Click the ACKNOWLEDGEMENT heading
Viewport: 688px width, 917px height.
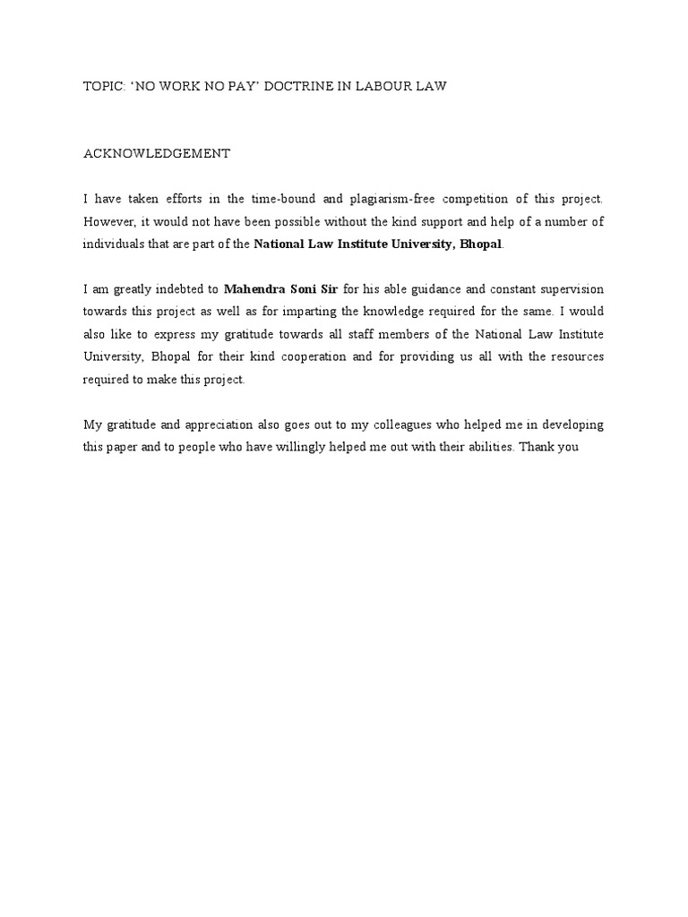[x=157, y=153]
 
